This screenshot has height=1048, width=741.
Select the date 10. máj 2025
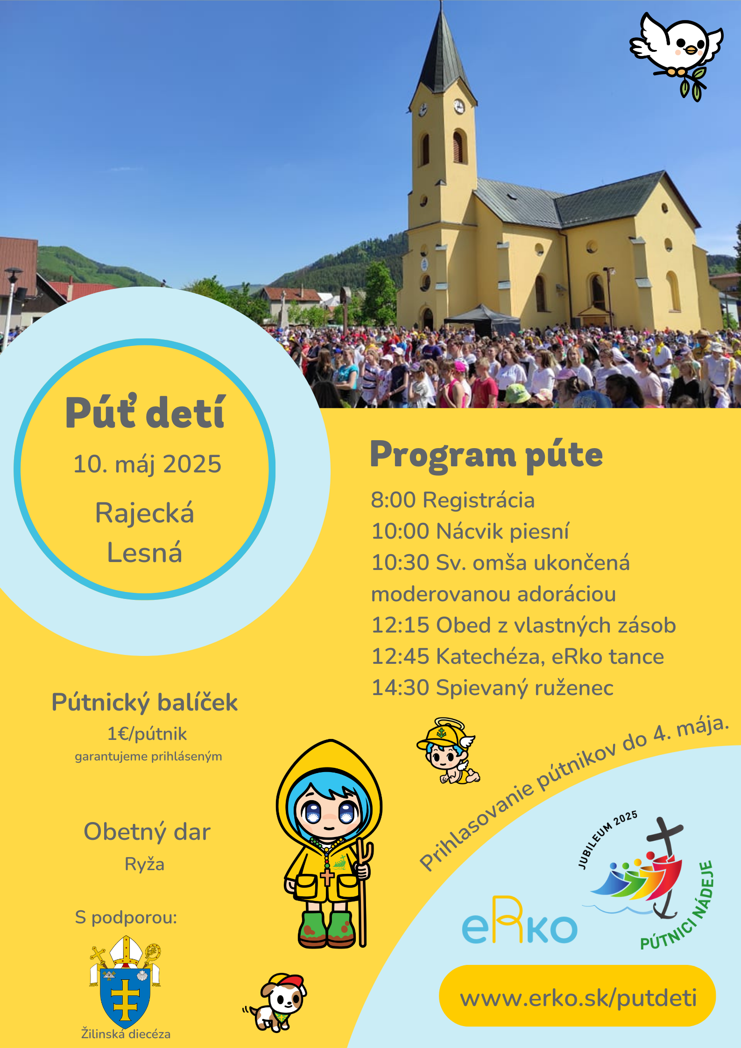147,464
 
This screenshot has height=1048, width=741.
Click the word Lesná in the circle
144,553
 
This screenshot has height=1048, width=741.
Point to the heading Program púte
486,456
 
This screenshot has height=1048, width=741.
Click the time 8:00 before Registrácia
393,500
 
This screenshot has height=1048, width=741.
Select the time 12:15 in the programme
400,626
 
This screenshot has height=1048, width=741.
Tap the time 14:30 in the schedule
400,688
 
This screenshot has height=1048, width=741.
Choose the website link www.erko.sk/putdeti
578,998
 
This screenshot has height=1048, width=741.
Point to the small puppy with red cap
275,1002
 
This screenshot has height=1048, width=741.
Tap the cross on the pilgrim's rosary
327,877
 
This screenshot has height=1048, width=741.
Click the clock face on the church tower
459,106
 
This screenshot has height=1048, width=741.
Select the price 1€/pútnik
147,734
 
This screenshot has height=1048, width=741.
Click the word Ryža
144,865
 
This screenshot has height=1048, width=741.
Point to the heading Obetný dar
147,832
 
